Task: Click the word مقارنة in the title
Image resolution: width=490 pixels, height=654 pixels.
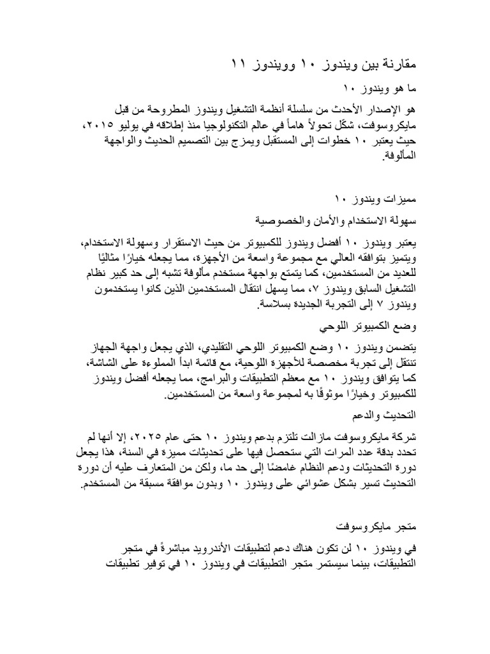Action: (396, 65)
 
